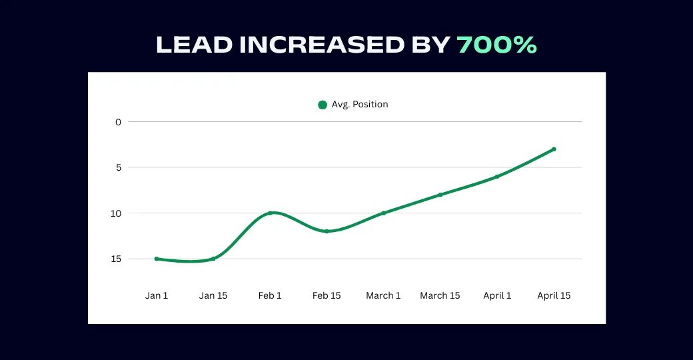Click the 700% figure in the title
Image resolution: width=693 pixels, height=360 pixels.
click(496, 45)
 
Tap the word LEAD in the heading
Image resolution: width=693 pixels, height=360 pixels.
click(195, 45)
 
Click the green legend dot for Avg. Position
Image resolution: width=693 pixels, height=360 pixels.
click(323, 105)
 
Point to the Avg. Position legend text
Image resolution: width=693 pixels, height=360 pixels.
click(360, 104)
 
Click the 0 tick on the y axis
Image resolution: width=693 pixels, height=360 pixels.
click(119, 122)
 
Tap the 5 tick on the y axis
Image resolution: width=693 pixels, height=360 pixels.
click(119, 167)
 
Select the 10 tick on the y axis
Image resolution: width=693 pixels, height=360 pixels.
click(117, 213)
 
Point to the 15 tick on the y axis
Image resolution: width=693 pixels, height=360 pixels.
click(117, 259)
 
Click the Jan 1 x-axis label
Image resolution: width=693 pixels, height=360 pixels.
click(157, 295)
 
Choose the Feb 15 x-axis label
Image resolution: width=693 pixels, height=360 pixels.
click(327, 295)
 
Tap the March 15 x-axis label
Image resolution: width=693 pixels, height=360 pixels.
click(440, 295)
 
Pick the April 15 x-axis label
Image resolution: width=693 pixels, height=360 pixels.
click(554, 295)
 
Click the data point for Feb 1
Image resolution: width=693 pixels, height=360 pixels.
click(270, 213)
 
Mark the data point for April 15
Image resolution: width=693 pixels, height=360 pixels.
click(554, 149)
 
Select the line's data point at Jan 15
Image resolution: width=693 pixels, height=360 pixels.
click(213, 259)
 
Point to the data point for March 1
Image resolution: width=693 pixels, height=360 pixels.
click(383, 213)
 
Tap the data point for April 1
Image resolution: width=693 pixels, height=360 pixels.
click(497, 177)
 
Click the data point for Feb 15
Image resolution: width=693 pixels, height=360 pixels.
click(327, 231)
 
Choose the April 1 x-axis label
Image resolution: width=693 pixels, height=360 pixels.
click(497, 295)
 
